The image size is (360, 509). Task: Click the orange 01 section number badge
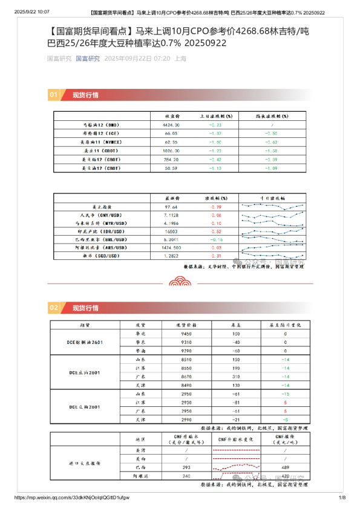tap(53, 95)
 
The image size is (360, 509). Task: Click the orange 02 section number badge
tap(53, 308)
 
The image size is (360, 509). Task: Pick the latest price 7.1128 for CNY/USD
tap(171, 215)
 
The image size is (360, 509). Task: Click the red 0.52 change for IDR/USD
tap(216, 231)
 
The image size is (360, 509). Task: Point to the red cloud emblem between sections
tap(180, 280)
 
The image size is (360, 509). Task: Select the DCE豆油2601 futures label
tap(85, 371)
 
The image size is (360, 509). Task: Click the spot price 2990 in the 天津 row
tap(187, 419)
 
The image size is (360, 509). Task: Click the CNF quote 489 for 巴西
tap(285, 467)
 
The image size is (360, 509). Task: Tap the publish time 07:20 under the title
tap(161, 59)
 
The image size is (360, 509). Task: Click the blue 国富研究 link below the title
tap(88, 59)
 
